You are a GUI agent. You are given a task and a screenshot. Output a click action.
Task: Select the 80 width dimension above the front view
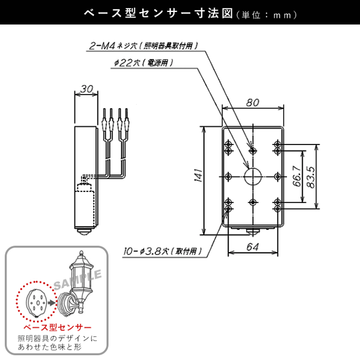tap(252, 102)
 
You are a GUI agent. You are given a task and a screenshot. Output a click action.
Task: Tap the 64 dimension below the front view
tap(252, 246)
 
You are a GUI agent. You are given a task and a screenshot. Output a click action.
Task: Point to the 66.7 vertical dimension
tap(296, 176)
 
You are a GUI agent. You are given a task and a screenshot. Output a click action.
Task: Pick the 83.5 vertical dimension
tap(310, 176)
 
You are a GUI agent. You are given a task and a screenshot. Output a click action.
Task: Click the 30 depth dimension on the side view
tap(86, 89)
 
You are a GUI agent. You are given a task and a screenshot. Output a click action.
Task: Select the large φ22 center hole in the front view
tap(252, 176)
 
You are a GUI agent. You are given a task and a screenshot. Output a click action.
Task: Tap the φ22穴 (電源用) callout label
tap(142, 63)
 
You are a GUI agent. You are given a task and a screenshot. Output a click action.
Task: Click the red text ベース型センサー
tap(56, 327)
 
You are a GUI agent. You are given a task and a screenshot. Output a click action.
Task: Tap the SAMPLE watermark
tap(77, 280)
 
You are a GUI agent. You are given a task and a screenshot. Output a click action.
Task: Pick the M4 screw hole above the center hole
tap(252, 150)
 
